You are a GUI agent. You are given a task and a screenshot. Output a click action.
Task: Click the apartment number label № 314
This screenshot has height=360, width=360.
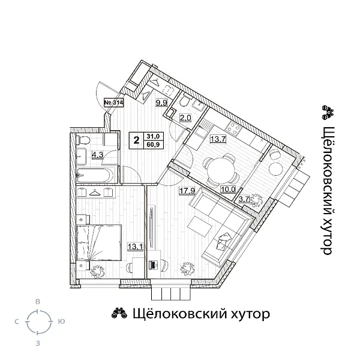(x=114, y=103)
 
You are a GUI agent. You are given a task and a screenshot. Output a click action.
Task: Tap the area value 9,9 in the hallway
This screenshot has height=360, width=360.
(x=161, y=103)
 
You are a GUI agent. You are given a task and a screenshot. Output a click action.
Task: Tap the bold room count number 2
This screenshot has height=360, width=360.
(x=137, y=141)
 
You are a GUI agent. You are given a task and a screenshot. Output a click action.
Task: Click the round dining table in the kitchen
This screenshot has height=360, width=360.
(x=220, y=167)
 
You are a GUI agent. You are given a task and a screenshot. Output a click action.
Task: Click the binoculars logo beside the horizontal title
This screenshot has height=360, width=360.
(x=118, y=313)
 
